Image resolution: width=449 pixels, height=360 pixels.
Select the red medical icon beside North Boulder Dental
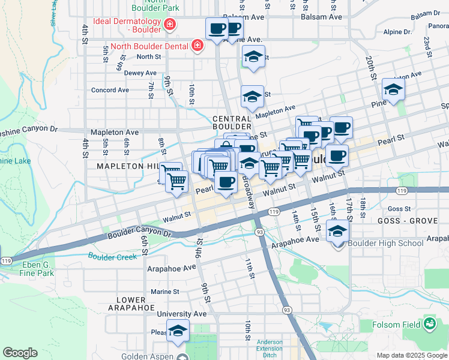[x=196, y=45]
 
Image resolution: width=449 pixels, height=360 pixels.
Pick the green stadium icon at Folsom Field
[x=429, y=325]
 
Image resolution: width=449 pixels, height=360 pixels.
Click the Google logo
[x=20, y=353]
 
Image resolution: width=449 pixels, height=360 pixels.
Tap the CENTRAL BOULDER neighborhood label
[x=232, y=122]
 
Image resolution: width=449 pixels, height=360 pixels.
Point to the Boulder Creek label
[x=112, y=256]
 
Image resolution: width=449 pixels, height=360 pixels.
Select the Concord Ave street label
[x=110, y=90]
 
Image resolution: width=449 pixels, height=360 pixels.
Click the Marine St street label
[x=165, y=292]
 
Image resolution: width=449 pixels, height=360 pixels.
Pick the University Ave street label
[x=182, y=314]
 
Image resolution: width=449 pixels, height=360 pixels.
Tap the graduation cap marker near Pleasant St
[x=178, y=331]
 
